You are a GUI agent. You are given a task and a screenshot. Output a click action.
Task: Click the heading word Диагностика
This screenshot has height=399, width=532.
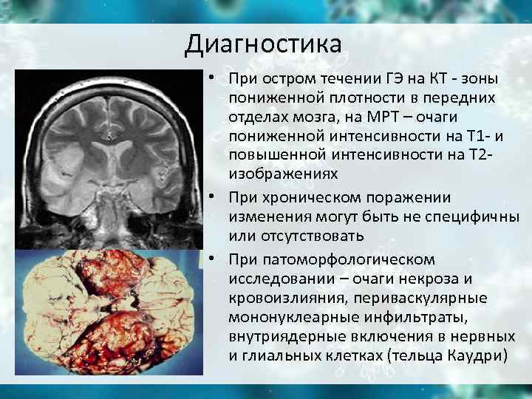(x=264, y=44)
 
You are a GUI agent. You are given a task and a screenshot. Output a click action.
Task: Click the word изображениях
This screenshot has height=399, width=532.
(x=283, y=174)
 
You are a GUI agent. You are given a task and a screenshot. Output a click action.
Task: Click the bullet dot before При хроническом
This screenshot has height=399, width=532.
(x=211, y=197)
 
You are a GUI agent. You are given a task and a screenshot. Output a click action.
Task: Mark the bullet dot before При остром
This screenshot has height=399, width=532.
(x=211, y=78)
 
